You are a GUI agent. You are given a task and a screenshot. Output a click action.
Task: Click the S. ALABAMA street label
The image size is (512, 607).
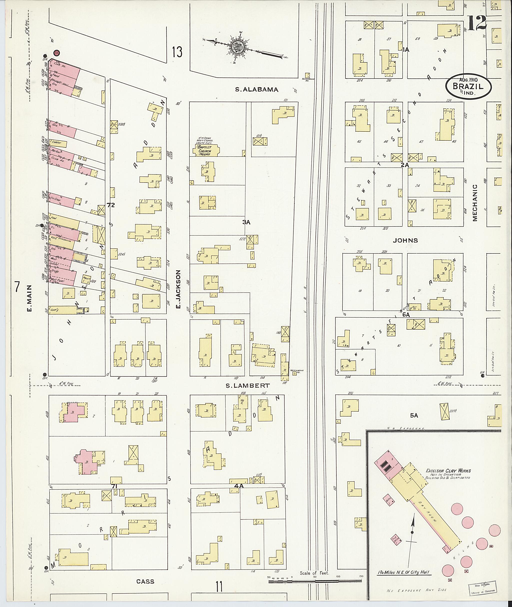click(x=256, y=90)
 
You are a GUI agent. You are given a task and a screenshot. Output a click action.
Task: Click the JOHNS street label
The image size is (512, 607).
click(x=405, y=240)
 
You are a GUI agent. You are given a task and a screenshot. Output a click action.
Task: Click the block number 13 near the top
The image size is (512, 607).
click(x=177, y=52)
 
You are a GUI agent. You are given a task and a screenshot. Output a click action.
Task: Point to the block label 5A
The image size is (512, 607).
click(x=414, y=416)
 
